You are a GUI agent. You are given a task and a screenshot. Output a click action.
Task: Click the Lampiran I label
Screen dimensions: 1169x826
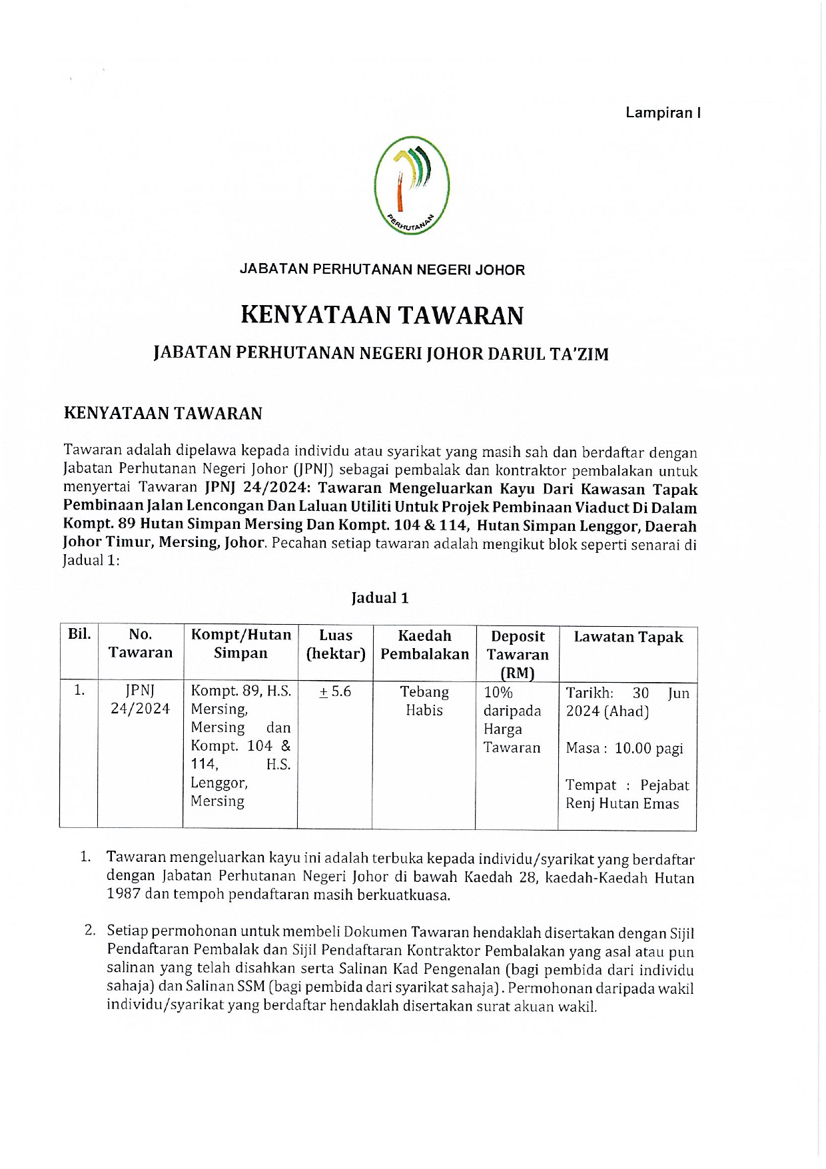[x=662, y=113]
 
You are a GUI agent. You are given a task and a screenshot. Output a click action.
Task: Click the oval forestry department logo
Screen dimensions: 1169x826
[x=412, y=185]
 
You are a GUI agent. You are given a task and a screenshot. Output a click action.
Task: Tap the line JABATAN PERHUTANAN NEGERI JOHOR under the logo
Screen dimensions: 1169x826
[x=382, y=270]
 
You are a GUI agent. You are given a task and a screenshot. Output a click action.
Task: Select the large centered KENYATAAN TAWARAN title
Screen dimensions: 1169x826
[x=382, y=315]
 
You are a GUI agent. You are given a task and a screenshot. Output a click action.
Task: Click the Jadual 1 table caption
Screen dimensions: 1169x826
[x=380, y=597]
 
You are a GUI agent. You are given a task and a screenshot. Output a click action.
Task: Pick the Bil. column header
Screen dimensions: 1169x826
[x=79, y=633]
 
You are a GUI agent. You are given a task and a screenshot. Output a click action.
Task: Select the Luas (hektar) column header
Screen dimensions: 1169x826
[x=335, y=645]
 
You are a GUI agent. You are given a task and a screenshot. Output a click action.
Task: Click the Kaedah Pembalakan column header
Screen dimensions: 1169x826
[x=424, y=645]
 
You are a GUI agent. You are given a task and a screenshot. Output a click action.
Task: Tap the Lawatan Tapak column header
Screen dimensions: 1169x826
[x=628, y=637]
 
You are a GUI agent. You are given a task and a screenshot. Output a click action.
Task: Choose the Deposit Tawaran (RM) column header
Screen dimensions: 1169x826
[x=518, y=654]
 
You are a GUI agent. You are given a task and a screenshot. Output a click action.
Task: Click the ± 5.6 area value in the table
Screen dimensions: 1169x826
[x=335, y=691]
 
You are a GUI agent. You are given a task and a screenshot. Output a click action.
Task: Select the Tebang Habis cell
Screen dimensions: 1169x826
[x=424, y=701]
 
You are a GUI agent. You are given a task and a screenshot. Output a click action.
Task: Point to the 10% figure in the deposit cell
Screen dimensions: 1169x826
[x=498, y=692]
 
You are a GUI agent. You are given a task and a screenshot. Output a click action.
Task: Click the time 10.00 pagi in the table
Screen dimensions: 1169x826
[x=649, y=748]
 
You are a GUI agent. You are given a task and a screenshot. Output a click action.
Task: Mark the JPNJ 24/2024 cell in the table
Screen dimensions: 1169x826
[x=141, y=699]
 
